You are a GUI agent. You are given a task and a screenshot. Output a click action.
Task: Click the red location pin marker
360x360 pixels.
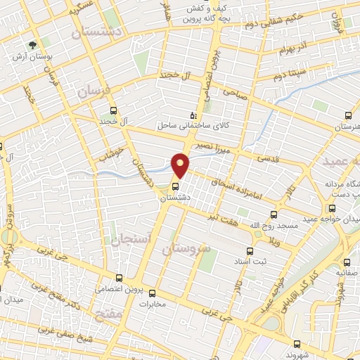click(x=181, y=165)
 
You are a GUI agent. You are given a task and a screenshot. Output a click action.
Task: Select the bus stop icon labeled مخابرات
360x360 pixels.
click(x=162, y=294)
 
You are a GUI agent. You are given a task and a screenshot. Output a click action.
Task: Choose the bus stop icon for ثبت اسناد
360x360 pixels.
click(x=249, y=251)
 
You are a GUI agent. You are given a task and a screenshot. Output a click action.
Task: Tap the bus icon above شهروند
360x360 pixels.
click(x=297, y=344)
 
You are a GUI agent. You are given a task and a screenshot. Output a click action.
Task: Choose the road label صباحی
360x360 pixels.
click(x=234, y=91)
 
